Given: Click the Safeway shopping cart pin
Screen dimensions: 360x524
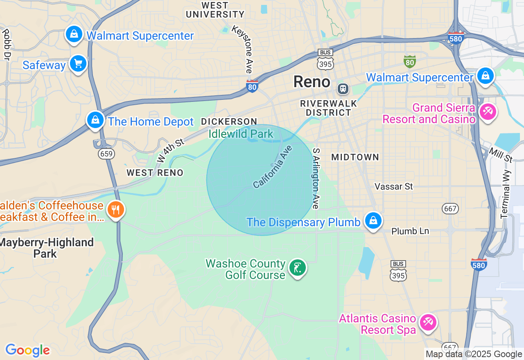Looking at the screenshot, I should point(78,63).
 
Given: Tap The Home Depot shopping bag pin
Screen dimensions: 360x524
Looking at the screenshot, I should point(95,120).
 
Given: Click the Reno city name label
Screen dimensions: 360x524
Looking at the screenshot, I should point(312,82).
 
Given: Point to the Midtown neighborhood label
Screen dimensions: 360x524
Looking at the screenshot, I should point(355,157).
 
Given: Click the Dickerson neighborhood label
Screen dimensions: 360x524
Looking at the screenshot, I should point(229,122).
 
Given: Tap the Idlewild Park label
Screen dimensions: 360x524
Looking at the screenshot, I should point(241,134).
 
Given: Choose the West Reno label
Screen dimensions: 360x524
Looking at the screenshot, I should point(155,173).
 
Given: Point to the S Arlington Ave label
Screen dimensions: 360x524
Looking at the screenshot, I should point(316,178).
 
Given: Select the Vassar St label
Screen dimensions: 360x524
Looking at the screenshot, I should point(394,187).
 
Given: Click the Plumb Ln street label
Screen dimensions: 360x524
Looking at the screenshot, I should point(410,231).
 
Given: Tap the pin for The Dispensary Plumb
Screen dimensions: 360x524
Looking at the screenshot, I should point(373,220).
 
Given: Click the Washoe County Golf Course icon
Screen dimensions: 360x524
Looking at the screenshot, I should point(298,268).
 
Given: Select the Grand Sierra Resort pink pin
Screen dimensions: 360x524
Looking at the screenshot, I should point(488,111).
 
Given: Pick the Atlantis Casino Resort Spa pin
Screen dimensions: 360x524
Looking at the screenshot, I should point(428,322).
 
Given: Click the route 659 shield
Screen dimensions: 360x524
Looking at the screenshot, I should point(106,154).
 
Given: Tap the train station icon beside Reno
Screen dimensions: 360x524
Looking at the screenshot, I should point(343,88).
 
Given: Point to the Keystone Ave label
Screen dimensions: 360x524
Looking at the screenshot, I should point(243,49).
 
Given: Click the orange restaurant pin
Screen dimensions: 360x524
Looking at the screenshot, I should point(116,209).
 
